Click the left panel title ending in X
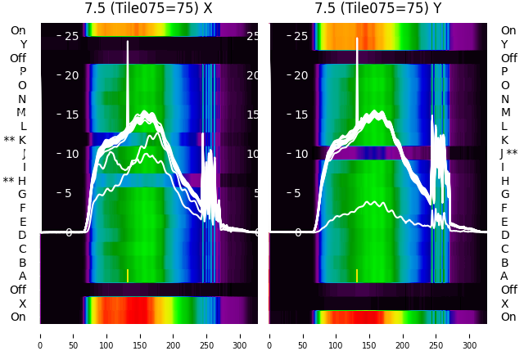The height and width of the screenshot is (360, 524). (148, 8)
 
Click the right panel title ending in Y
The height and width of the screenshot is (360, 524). (378, 8)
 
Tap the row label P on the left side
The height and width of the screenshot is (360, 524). (22, 72)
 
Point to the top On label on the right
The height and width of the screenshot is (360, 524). (508, 30)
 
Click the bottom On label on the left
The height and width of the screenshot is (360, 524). (18, 317)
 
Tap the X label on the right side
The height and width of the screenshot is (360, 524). (504, 304)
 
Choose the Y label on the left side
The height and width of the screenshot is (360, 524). (23, 44)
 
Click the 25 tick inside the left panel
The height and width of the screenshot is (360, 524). (71, 36)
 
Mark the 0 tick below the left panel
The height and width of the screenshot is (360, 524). (39, 335)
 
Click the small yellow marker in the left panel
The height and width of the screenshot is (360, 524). (128, 275)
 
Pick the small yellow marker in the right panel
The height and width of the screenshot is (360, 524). (357, 275)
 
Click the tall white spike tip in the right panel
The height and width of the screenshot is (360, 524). (357, 38)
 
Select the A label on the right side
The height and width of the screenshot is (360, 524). (504, 277)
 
